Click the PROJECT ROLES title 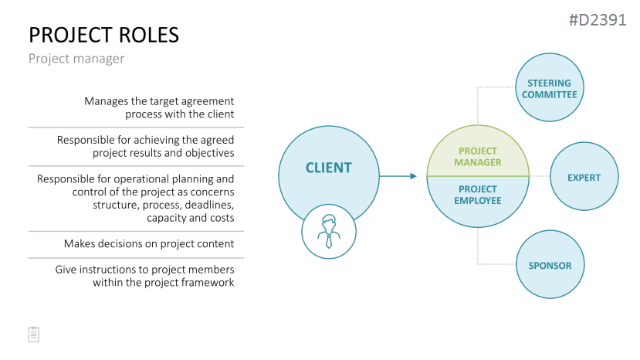(x=103, y=35)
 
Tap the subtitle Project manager (x=76, y=59)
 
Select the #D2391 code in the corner (x=598, y=20)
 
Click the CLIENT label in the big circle (x=329, y=168)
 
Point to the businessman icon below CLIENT (x=329, y=232)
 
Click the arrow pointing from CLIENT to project (x=398, y=176)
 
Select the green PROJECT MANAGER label (x=478, y=157)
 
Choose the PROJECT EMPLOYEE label (x=478, y=195)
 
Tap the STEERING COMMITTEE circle (x=550, y=87)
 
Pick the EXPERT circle (x=584, y=176)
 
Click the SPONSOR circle (x=550, y=264)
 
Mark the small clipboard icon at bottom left (x=34, y=335)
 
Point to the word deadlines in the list (x=209, y=205)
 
